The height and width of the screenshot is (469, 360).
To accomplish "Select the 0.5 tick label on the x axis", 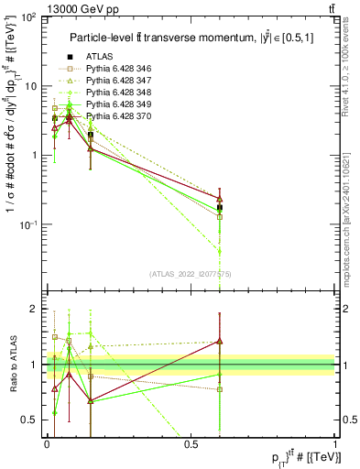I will click(191, 443).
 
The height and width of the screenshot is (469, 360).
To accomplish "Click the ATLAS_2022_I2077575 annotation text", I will click(190, 274).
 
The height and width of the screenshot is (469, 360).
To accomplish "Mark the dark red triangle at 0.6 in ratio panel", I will click(220, 342).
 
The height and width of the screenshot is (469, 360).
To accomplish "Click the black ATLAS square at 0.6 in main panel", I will click(220, 207).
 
